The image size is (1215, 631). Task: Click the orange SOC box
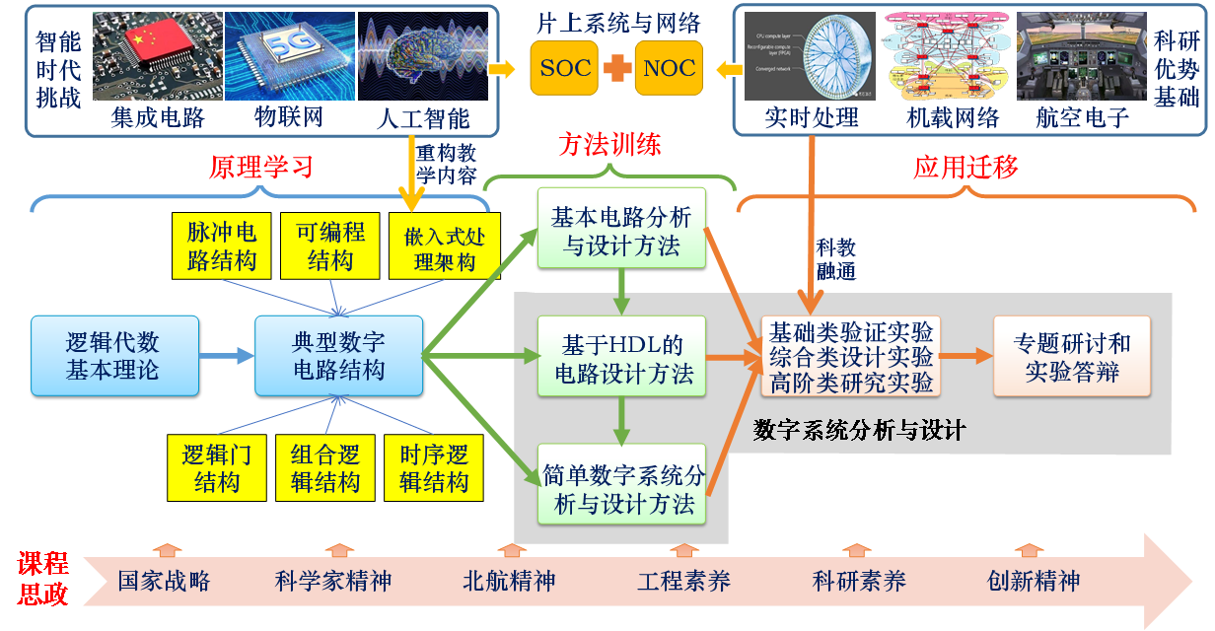564,68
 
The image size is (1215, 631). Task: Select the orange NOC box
669,68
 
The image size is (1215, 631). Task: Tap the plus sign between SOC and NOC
616,68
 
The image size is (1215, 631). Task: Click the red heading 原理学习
261,167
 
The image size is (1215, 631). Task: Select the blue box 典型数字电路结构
338,356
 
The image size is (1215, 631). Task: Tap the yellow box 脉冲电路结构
222,245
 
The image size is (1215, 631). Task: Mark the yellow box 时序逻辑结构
434,468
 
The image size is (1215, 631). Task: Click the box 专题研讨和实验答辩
1072,357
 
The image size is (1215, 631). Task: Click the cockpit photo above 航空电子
1081,56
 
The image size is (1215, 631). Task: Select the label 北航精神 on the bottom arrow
509,581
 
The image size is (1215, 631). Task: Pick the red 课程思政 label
42,579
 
